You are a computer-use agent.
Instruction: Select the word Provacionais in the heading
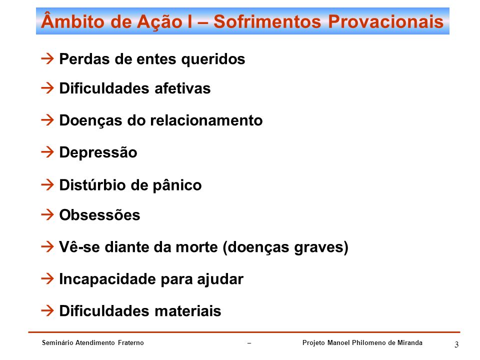(x=385, y=21)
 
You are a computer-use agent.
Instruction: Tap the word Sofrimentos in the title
(x=267, y=21)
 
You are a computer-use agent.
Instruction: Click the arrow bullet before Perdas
(x=47, y=58)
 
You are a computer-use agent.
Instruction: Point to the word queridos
(x=213, y=59)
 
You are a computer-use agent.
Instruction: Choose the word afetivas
(x=182, y=88)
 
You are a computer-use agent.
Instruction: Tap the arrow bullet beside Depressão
(x=47, y=152)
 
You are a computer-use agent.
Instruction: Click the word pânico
(x=177, y=185)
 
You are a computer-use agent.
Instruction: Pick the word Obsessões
(x=100, y=214)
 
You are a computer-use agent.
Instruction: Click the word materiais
(x=188, y=311)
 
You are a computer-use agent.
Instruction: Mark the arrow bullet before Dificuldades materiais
(x=47, y=310)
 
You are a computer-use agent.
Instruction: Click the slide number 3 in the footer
(x=456, y=344)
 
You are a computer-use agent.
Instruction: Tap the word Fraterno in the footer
(x=131, y=342)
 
